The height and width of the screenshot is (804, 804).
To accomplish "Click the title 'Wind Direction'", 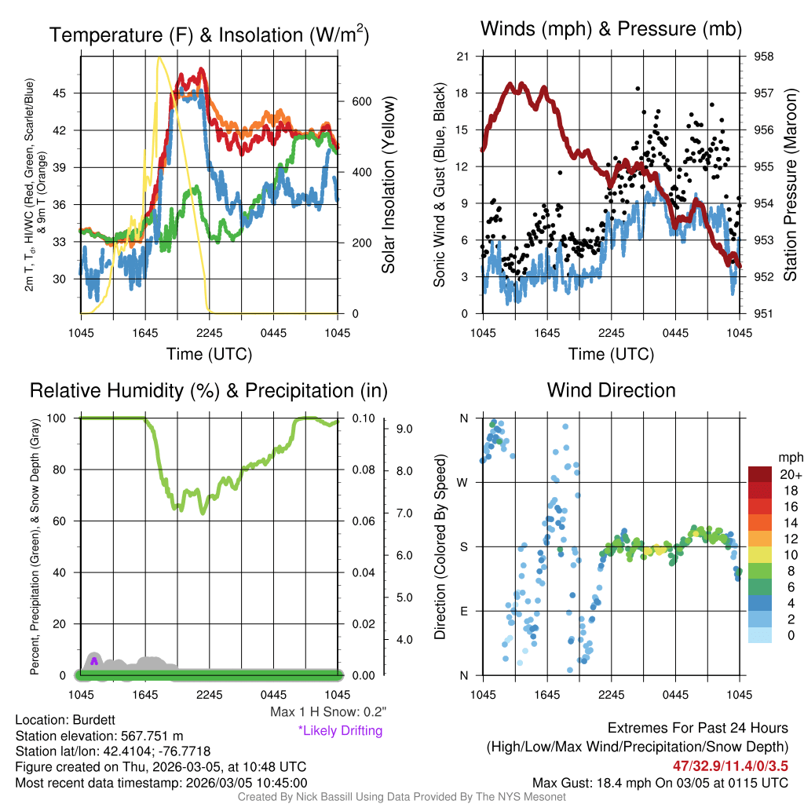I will pos(611,390).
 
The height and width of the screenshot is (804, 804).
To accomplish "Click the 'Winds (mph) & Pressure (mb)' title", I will pos(611,30).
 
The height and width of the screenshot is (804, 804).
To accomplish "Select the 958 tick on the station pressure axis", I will pos(763,57).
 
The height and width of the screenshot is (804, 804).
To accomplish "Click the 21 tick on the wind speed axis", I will pos(462,57).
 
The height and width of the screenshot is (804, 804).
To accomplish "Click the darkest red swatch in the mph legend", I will pos(760,474).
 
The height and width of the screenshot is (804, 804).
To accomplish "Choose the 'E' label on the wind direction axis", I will pos(464,611).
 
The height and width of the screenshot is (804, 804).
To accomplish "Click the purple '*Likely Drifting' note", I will pos(340,731).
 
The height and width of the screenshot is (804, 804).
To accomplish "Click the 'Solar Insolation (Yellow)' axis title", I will pos(388,185).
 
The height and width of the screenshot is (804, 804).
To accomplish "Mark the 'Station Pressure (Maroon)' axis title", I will pos(791,185).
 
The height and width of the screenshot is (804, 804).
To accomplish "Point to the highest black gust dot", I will pos(638,89).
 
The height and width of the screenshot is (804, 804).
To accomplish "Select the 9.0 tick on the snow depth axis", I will pos(405,429).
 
